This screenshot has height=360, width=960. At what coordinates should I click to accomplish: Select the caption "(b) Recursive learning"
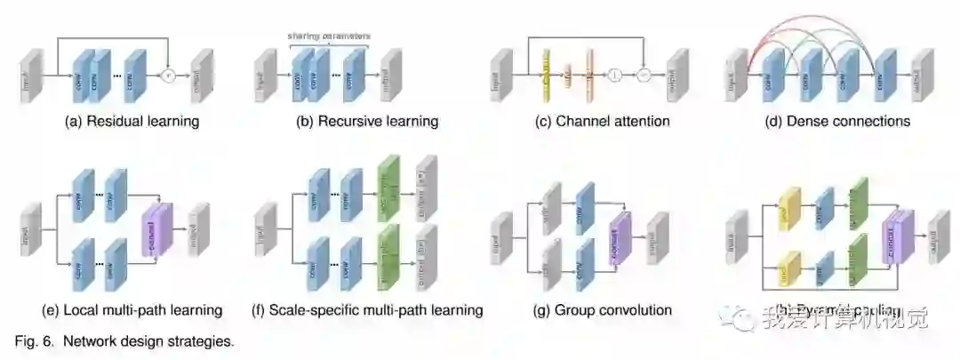367,121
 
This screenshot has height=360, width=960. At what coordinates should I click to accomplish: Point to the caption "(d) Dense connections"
837,121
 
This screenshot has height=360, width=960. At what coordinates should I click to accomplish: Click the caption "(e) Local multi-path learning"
132,310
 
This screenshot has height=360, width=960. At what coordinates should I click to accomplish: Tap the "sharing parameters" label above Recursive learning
328,36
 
